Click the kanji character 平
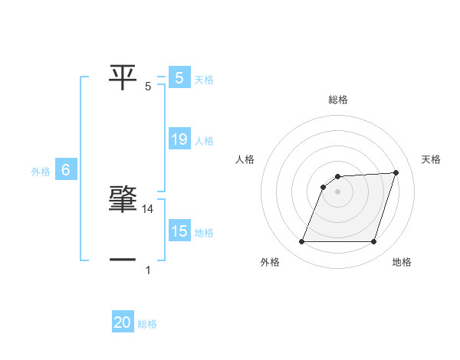point(123,77)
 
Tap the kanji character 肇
point(123,199)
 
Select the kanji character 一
point(123,260)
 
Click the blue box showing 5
point(179,77)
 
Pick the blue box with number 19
point(179,139)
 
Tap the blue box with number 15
point(179,231)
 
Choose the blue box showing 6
point(66,170)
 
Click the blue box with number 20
point(123,323)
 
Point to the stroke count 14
point(149,209)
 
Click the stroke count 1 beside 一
point(148,270)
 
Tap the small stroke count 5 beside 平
point(148,87)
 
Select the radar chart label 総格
point(338,100)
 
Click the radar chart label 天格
point(432,159)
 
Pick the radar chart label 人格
point(245,159)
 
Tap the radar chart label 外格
point(270,262)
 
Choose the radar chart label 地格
point(402,262)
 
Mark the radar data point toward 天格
point(396,172)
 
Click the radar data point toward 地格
point(373,242)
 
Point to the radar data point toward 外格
point(301,242)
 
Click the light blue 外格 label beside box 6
point(41,172)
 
